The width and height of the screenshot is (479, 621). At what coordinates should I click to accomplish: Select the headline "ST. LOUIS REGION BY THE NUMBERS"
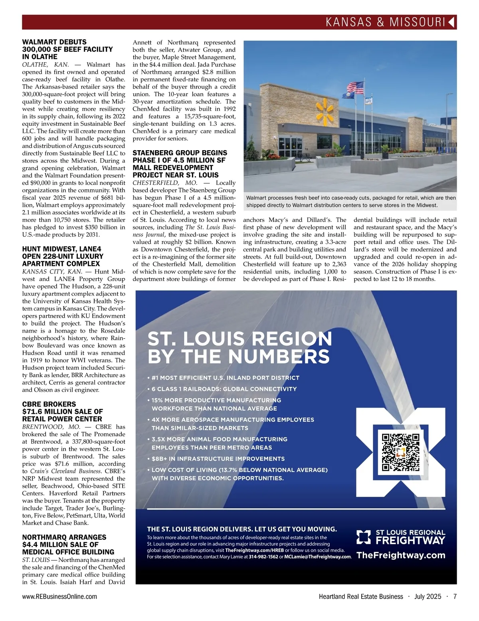point(239,347)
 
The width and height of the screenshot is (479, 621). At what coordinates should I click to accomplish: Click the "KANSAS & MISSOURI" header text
point(385,22)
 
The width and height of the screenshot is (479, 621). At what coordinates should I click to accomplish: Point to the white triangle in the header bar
point(451,22)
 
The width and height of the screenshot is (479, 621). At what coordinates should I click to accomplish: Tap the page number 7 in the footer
point(455,596)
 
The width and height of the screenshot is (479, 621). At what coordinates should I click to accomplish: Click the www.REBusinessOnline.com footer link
point(59,596)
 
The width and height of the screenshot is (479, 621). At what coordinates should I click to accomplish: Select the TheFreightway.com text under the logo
point(400,555)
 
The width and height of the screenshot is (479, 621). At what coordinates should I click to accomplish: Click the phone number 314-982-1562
point(263,557)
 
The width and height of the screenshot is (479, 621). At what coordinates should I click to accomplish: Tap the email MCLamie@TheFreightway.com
point(317,557)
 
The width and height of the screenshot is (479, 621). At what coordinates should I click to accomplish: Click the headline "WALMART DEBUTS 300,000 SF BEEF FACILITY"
point(67,49)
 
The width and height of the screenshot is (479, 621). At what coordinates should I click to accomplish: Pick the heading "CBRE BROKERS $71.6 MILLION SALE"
point(62,411)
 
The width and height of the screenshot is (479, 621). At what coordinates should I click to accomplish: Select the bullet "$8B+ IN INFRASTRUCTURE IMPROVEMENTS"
point(218,459)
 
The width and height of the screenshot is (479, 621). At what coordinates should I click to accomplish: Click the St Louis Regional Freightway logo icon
point(364,537)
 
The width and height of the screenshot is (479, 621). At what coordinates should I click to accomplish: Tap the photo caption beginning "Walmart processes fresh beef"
point(350,201)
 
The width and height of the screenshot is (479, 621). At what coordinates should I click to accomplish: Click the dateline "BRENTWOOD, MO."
point(48,427)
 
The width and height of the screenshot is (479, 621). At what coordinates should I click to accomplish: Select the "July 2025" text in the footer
point(428,596)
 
